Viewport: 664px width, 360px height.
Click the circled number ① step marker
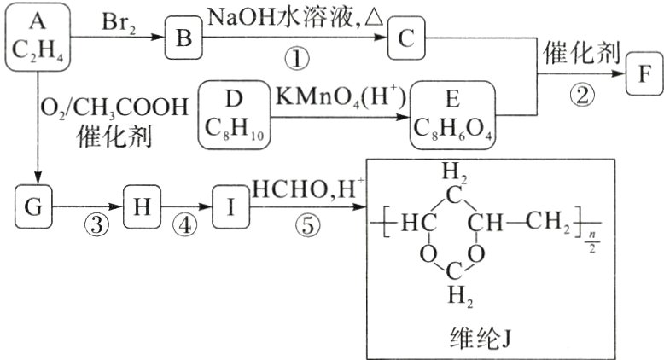295,58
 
